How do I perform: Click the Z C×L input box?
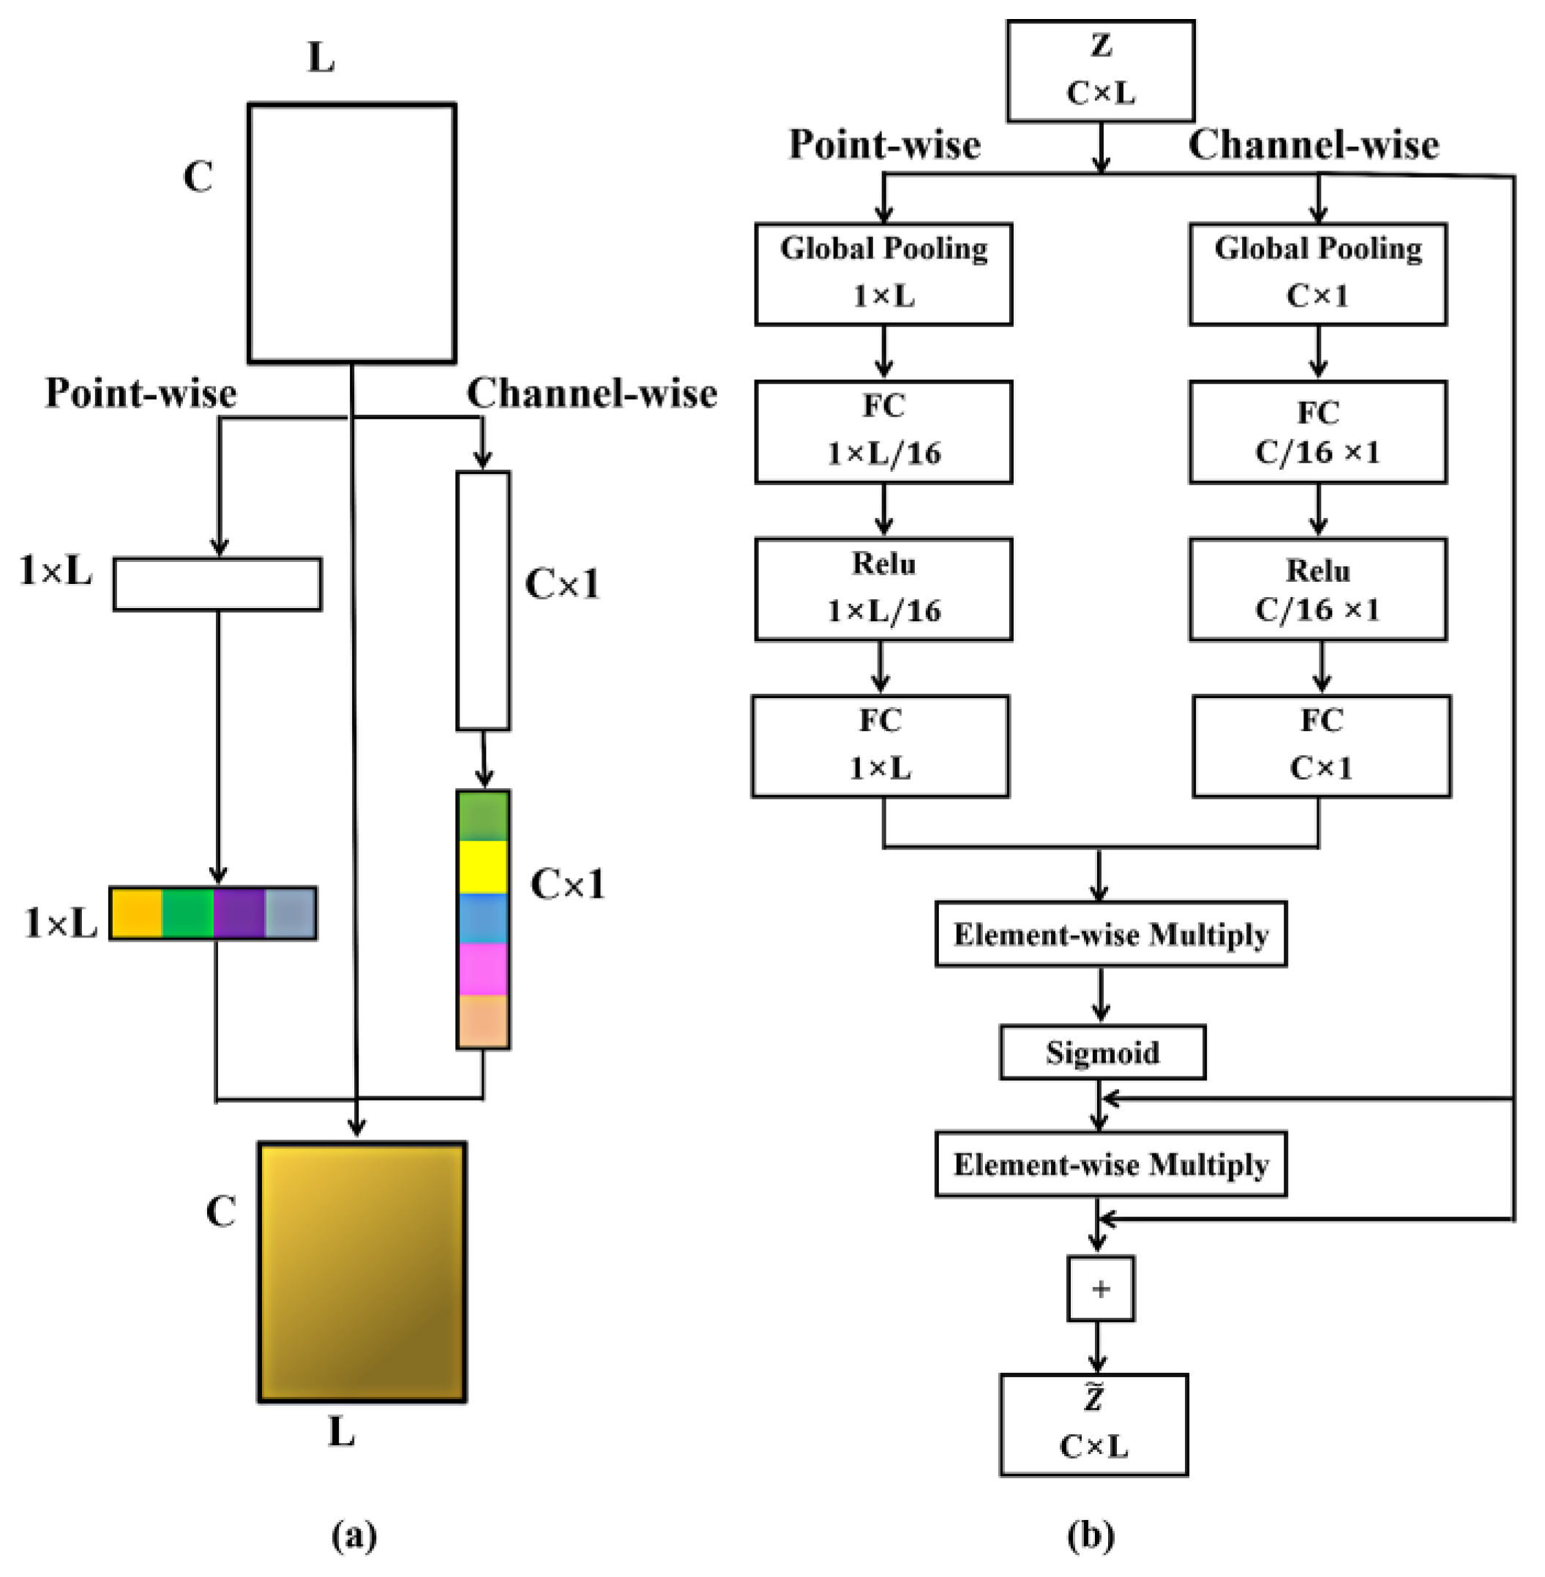[1100, 72]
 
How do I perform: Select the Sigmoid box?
[1102, 1052]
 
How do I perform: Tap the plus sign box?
[1100, 1289]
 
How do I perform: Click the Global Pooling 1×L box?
[883, 274]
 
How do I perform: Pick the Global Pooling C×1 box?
[1318, 274]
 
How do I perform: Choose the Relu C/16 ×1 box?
[1318, 590]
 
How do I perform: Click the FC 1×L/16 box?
[883, 432]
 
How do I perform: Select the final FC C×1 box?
[1321, 746]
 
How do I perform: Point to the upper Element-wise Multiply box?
[1110, 934]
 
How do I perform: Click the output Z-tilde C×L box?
[1094, 1425]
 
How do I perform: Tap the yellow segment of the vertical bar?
[483, 867]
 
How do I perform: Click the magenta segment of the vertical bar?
[483, 969]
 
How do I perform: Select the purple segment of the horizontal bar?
[239, 913]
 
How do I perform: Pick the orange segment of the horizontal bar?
[136, 913]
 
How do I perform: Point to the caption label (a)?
[355, 1535]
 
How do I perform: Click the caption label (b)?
[1091, 1535]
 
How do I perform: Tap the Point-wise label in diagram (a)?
[141, 394]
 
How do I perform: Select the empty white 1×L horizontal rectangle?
[217, 584]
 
